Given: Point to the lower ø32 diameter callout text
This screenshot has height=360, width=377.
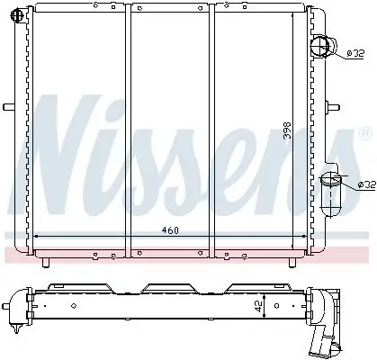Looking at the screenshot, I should point(365,184).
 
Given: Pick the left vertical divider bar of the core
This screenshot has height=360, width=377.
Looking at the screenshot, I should point(130,126).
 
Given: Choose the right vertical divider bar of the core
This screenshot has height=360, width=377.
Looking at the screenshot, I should point(212,126).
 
